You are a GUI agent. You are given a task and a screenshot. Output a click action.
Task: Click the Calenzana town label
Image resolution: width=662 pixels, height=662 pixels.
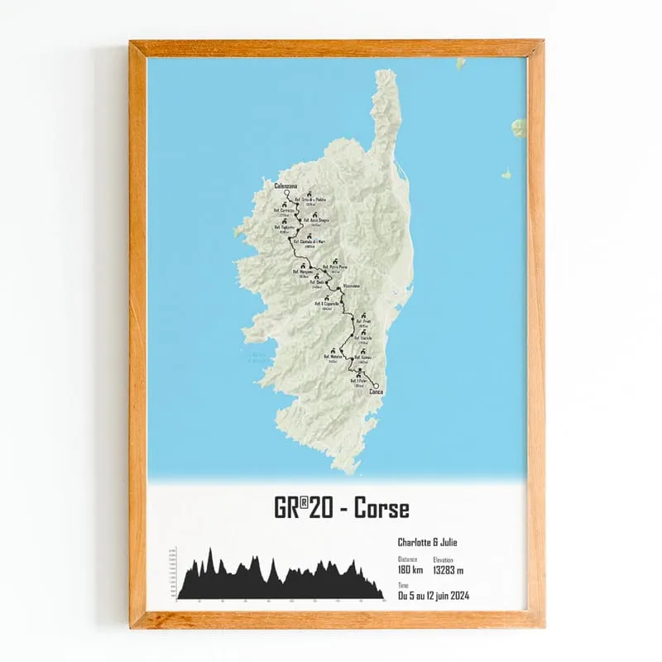pyautogui.click(x=285, y=186)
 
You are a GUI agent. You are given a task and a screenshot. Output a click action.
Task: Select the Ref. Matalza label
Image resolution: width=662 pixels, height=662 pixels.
pyautogui.click(x=334, y=357)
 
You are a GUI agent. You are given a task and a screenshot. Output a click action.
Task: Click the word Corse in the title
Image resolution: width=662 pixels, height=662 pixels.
pyautogui.click(x=381, y=508)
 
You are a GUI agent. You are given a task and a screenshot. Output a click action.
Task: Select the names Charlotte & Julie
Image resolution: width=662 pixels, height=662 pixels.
pyautogui.click(x=427, y=543)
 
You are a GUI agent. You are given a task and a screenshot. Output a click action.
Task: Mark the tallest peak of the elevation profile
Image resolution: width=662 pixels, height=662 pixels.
pyautogui.click(x=210, y=550)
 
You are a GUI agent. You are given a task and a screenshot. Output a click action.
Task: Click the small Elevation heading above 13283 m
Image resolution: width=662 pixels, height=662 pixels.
pyautogui.click(x=444, y=560)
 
